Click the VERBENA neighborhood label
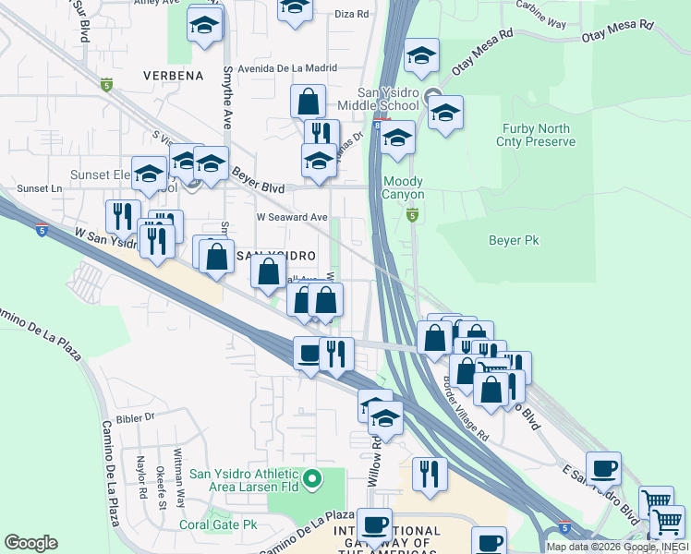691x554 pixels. point(173,76)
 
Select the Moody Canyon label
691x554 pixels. point(404,188)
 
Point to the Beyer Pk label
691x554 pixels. point(514,240)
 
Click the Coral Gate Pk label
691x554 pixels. point(218,524)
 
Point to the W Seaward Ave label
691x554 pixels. point(292,217)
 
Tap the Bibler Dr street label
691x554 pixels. point(135,416)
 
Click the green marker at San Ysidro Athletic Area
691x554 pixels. point(312,477)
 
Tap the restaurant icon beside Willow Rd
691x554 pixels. point(428,473)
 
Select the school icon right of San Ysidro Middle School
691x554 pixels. point(445,114)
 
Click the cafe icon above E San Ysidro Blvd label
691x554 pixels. point(603,469)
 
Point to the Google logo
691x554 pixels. point(30,543)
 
